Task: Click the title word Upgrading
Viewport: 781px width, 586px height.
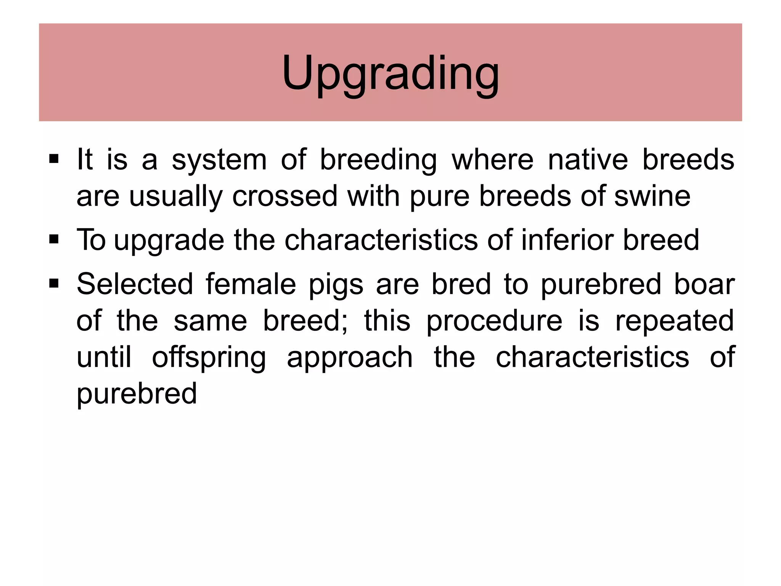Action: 390,73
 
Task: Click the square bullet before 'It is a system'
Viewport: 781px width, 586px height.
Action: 54,158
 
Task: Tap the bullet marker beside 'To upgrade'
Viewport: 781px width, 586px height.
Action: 54,239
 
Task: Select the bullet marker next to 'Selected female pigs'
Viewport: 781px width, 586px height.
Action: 54,283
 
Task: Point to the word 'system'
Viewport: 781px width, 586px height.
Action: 219,160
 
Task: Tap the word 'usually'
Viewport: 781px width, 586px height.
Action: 175,197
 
